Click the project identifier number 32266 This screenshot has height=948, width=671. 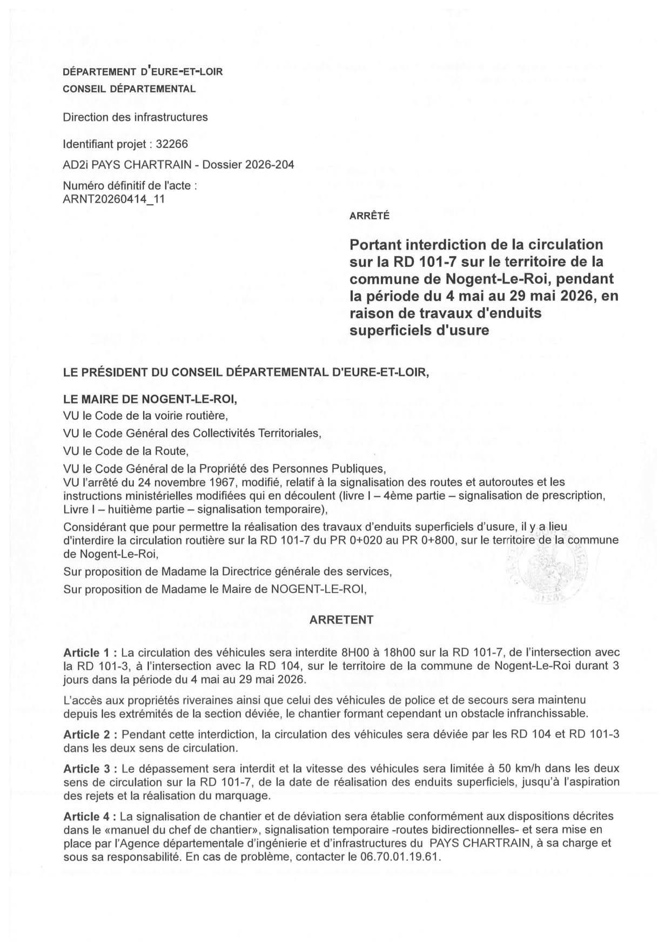point(172,144)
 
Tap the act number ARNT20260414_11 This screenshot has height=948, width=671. point(114,199)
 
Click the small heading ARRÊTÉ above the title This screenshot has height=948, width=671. point(370,216)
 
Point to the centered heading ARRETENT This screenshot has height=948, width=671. point(341,620)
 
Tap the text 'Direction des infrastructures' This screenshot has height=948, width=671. point(135,117)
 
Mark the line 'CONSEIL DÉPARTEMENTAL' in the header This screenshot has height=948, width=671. point(129,89)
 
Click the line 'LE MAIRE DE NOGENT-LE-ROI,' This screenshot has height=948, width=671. point(150,399)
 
